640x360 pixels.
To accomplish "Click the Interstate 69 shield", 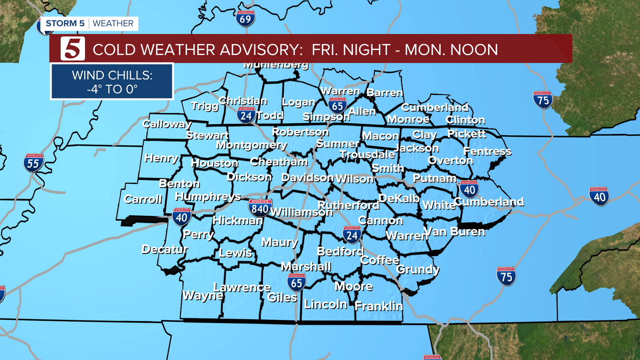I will (245, 19).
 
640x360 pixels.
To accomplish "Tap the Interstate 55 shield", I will (33, 163).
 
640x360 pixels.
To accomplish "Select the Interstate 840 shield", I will (260, 208).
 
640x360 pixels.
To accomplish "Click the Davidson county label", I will (307, 178).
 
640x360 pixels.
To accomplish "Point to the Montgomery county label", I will (252, 145).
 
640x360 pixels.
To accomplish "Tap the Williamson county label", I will (301, 212).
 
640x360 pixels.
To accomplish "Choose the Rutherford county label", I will (348, 205).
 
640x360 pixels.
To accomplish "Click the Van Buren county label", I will (454, 231).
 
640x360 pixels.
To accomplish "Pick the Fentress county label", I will (487, 151).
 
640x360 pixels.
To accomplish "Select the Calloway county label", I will (167, 124).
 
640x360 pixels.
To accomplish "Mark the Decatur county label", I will (165, 249).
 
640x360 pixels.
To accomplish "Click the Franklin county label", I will (379, 306).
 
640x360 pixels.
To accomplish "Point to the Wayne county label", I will (203, 295).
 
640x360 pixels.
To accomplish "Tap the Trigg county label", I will (205, 106).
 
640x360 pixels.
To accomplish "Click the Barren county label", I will (385, 92).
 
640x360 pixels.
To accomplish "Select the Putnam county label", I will (434, 178).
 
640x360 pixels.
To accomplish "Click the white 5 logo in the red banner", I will (73, 49).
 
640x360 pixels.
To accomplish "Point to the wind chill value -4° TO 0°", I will (112, 89).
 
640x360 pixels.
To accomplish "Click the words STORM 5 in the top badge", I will (65, 24).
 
